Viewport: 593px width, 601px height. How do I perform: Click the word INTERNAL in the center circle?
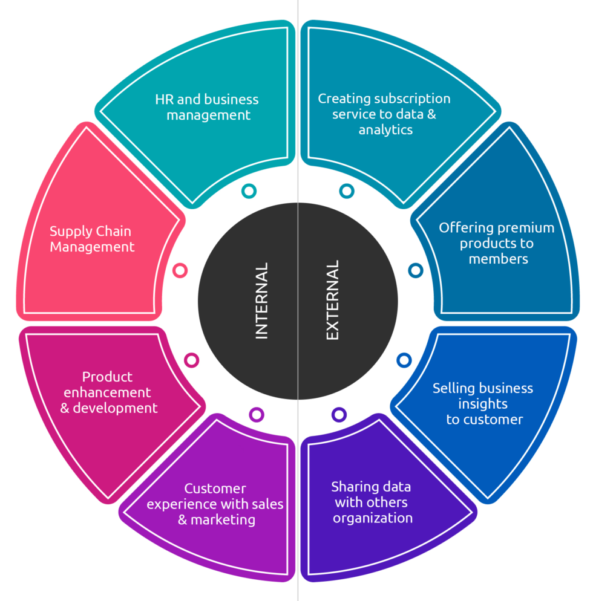pos(261,300)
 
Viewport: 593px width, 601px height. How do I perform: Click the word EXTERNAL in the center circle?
pos(333,300)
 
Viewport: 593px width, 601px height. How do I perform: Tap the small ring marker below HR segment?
pos(249,191)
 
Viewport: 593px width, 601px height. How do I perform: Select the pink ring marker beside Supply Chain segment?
pos(180,270)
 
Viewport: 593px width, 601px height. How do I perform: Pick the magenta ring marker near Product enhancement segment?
pos(191,360)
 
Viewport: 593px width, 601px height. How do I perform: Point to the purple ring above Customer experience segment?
pos(257,414)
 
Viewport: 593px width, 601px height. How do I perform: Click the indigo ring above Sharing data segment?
pos(339,414)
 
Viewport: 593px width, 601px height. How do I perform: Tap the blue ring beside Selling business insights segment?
pos(404,360)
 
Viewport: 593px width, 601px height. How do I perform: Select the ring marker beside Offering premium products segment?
pos(415,270)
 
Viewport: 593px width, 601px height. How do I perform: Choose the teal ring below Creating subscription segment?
pos(346,191)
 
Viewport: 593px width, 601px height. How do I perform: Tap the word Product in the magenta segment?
pos(107,377)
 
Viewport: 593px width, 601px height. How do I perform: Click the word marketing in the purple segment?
pos(223,519)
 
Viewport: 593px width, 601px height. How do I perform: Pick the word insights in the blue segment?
pos(483,403)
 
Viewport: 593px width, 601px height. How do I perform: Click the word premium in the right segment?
pos(517,228)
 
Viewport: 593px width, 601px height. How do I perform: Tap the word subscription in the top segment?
pos(412,98)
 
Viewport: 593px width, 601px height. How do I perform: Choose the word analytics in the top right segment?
pos(385,129)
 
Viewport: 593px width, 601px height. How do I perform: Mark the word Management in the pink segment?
pos(92,247)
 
